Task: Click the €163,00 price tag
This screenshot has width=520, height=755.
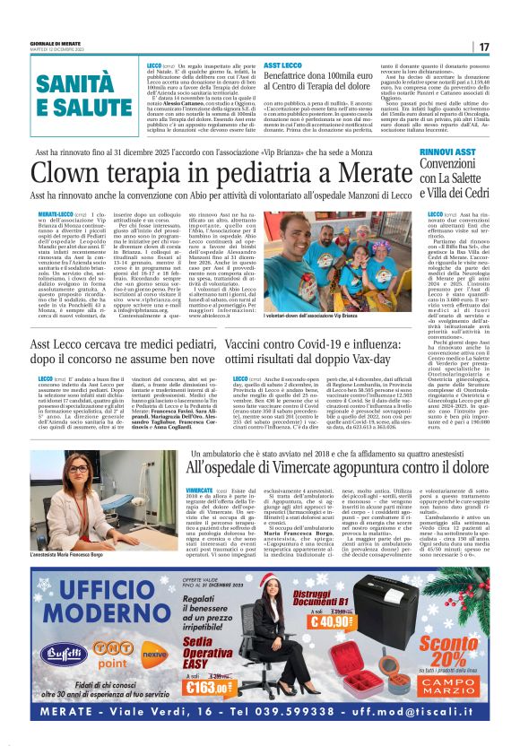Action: (x=208, y=689)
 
